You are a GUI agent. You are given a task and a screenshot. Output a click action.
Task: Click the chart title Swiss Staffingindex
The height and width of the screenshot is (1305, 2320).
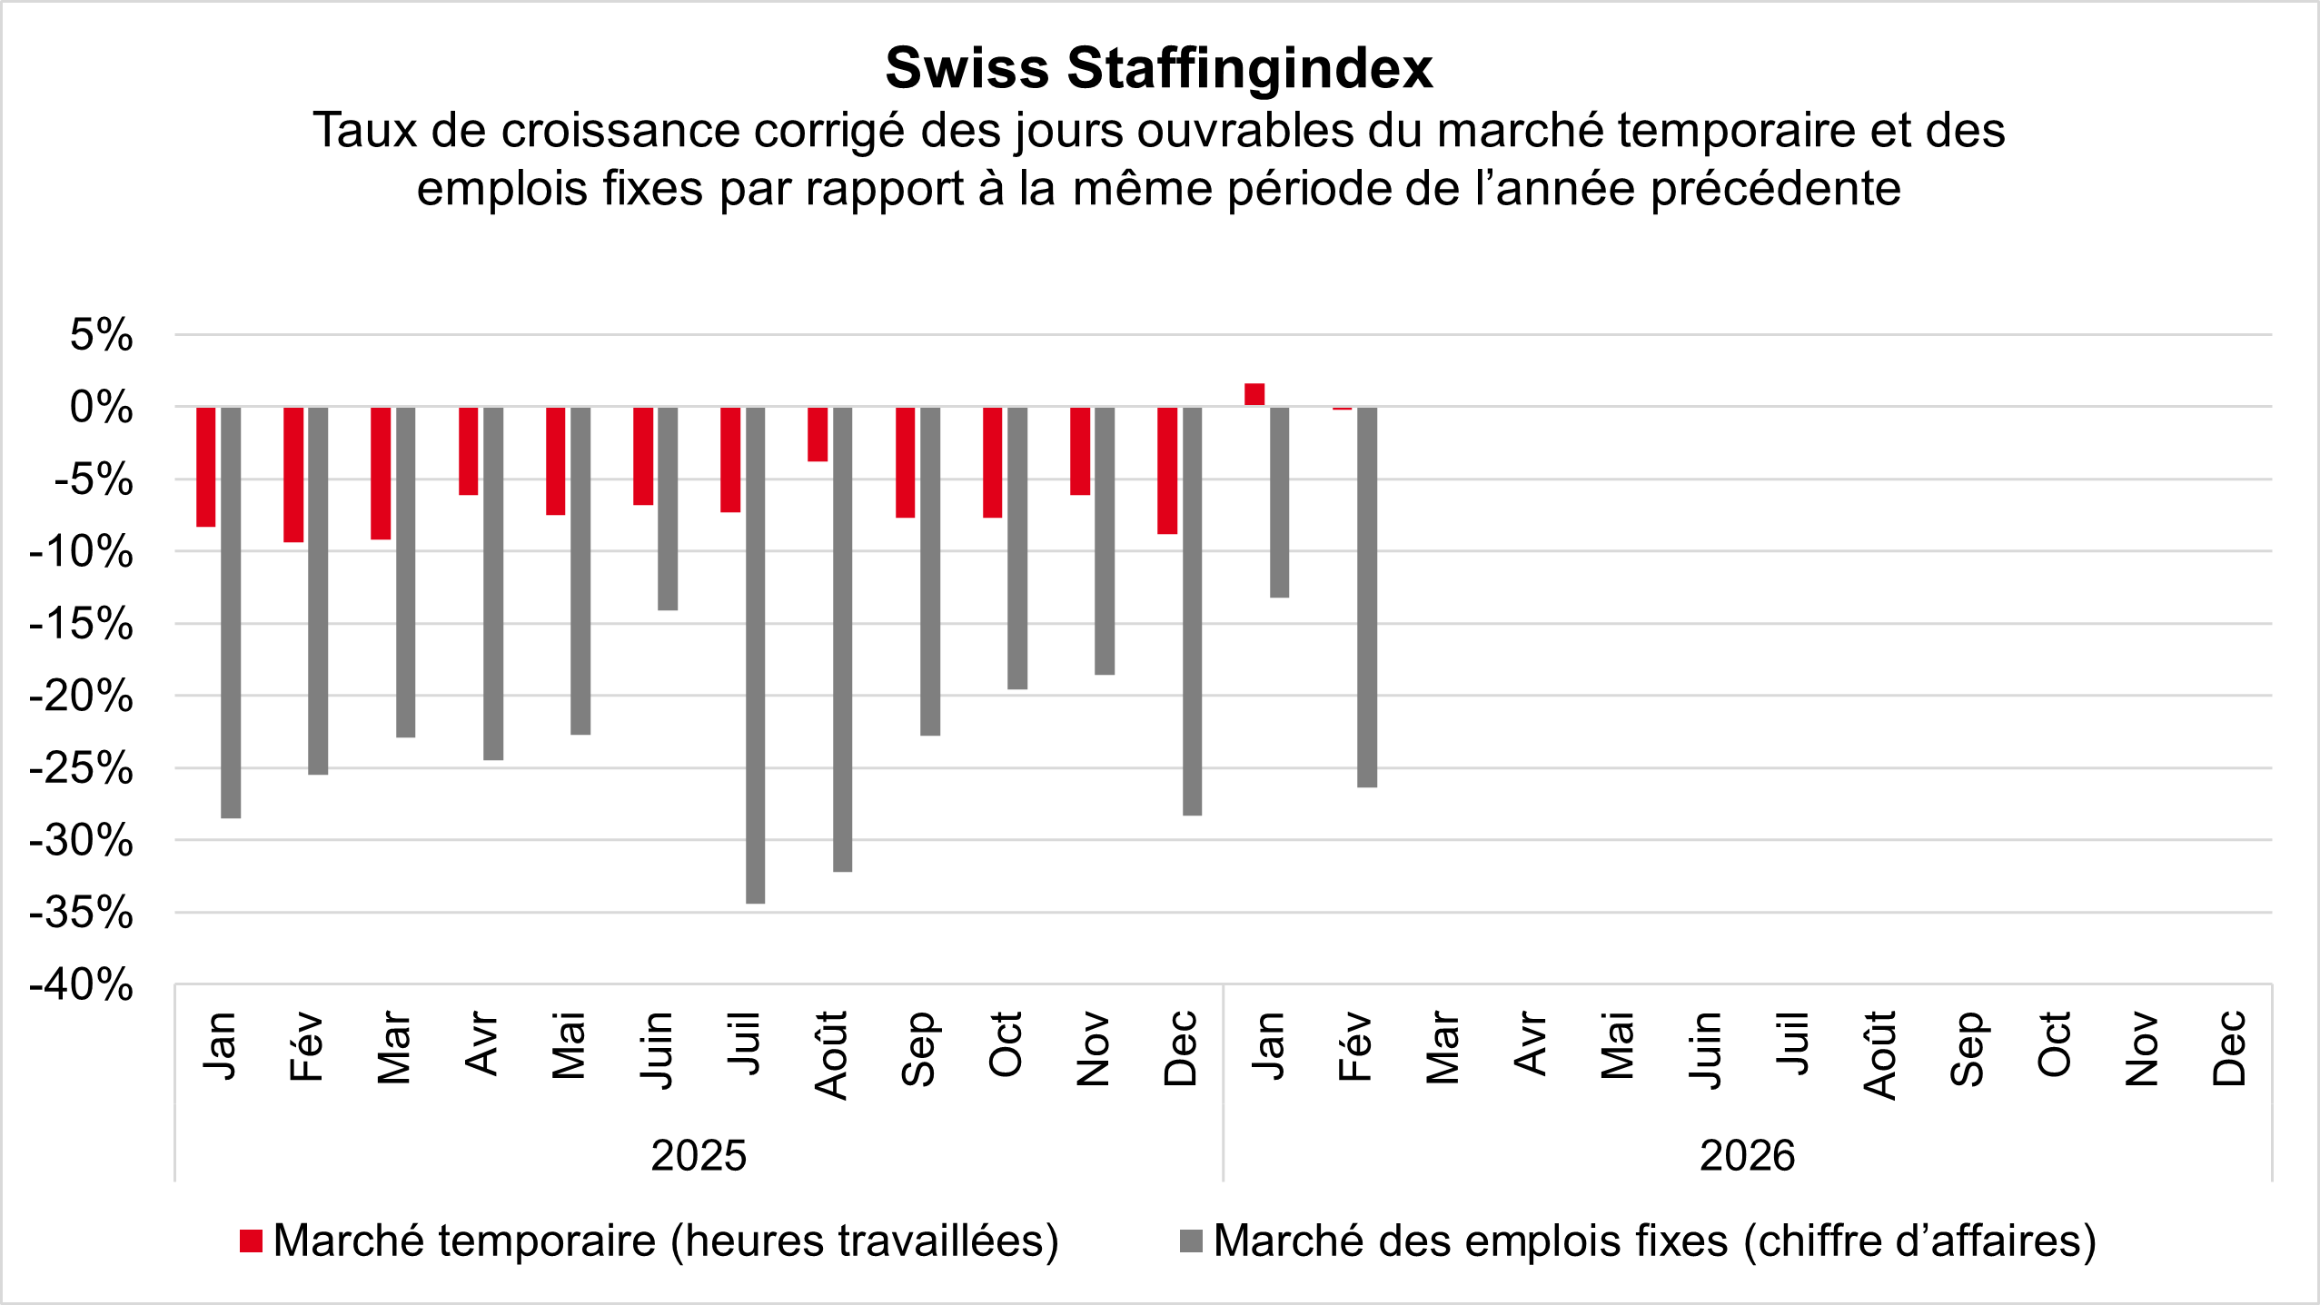[1159, 68]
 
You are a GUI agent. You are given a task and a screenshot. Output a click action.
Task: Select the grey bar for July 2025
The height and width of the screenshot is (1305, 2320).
[755, 654]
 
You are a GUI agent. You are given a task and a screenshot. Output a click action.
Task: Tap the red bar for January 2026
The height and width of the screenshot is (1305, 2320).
[1254, 394]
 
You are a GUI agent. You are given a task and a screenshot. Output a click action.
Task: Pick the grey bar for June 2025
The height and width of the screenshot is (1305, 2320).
[668, 509]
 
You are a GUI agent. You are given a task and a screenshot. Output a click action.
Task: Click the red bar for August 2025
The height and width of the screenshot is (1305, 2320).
[818, 434]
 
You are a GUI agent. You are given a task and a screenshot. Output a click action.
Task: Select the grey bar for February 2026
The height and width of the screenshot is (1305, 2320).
[1367, 597]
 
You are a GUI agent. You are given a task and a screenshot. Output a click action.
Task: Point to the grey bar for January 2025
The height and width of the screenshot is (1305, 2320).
[231, 612]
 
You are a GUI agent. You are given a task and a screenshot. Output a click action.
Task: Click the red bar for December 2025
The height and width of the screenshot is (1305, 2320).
[1167, 470]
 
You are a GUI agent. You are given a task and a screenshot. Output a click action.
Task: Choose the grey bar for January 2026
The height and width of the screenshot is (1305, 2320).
[1279, 502]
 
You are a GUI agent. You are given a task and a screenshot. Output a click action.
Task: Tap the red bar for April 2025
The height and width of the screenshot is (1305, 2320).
[468, 450]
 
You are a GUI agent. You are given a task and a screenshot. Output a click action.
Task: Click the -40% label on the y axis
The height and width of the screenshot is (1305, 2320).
[82, 984]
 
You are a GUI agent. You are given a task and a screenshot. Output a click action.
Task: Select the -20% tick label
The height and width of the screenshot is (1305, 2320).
[82, 697]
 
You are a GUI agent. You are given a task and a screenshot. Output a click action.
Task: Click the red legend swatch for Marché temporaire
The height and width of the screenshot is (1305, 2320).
[251, 1241]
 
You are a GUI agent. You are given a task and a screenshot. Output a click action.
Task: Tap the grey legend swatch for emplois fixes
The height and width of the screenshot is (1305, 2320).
[1191, 1241]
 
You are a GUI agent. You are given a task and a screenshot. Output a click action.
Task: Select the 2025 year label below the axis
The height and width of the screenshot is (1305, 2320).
[699, 1156]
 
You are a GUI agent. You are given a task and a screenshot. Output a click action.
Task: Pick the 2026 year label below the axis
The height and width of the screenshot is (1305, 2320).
[1747, 1156]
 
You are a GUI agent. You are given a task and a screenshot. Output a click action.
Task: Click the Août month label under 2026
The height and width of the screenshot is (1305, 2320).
[1879, 1053]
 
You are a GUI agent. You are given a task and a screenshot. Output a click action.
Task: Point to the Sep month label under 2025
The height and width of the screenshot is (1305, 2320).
[919, 1049]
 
